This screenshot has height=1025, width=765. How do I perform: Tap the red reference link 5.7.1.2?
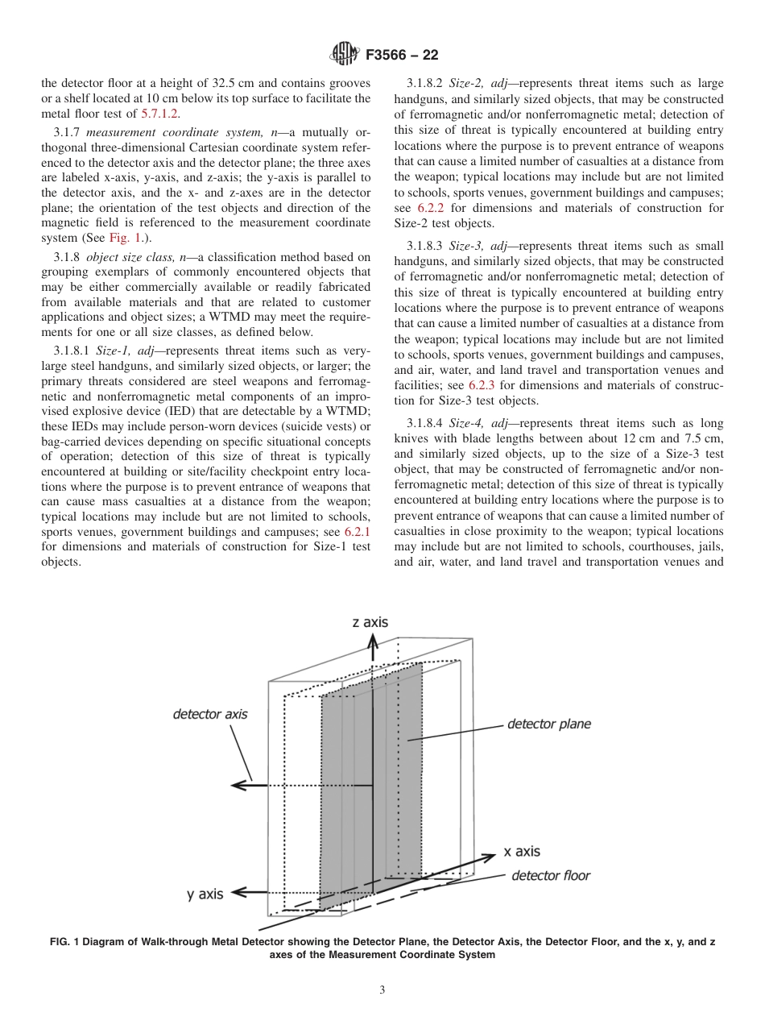pos(159,114)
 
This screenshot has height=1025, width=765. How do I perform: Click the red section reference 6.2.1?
pos(357,532)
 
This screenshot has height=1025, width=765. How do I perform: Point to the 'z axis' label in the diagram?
pos(370,622)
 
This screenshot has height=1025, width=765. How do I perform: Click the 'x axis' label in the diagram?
pos(522,851)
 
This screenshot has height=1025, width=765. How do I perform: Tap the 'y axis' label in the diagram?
pos(205,894)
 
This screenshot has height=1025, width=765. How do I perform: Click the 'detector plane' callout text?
pos(548,724)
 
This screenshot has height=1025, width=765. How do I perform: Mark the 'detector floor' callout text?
pos(551,876)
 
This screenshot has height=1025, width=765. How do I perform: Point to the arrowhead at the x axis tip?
pos(488,857)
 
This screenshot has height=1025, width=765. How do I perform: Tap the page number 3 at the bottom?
pos(382,990)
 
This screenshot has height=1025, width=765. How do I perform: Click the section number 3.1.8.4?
pos(426,423)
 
